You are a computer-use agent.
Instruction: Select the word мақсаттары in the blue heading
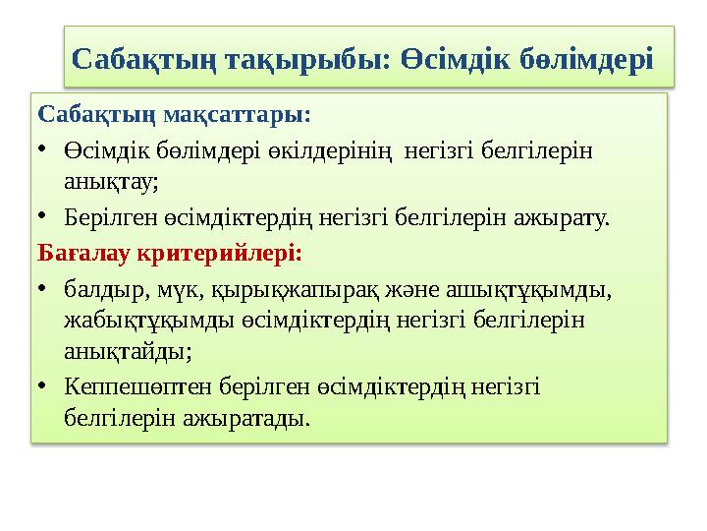click(x=237, y=116)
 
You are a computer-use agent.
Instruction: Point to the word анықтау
click(x=111, y=182)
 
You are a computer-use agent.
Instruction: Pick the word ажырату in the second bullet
click(x=562, y=218)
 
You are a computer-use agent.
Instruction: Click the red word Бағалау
click(x=84, y=253)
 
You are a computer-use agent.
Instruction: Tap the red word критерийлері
click(x=220, y=254)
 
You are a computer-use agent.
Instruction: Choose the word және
click(x=412, y=290)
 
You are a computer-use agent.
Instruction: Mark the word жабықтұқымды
click(x=149, y=321)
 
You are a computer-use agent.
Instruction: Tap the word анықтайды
click(x=128, y=352)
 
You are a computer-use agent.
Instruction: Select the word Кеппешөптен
click(x=138, y=387)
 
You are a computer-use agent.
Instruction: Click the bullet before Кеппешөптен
click(x=42, y=385)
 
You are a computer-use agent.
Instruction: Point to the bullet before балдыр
click(x=42, y=288)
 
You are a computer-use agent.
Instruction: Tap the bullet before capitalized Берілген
click(x=42, y=216)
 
